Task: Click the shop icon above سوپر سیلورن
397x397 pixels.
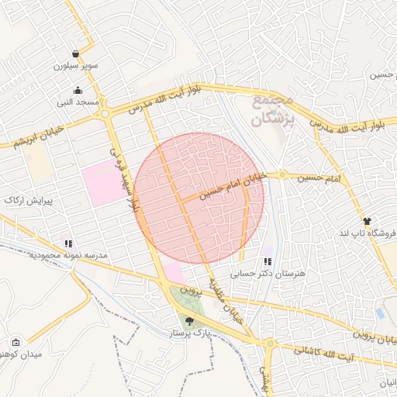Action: tap(74, 54)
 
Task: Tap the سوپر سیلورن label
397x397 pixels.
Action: tap(75, 66)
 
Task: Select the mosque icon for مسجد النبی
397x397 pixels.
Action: tap(78, 90)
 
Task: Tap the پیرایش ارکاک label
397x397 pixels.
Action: tap(28, 201)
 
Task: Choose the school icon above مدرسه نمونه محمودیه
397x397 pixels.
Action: tap(68, 243)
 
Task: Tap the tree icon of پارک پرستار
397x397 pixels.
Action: tap(190, 320)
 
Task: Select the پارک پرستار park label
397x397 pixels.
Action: tap(190, 333)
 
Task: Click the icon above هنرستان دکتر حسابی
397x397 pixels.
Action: tap(268, 261)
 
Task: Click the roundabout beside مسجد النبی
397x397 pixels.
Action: tap(104, 114)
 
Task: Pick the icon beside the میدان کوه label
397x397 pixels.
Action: tap(16, 342)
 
